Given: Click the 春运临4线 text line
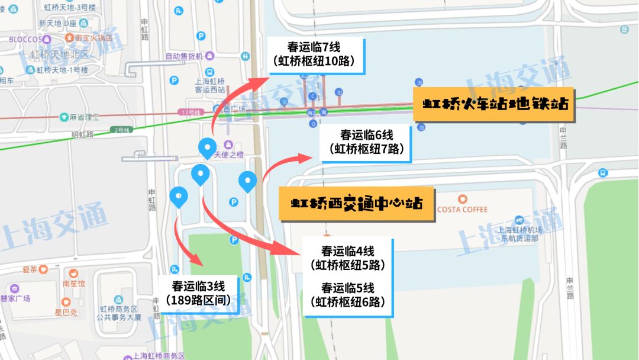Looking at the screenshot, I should tap(348, 251).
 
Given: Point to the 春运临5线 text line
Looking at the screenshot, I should tap(348, 288).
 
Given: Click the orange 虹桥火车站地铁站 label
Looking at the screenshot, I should tap(495, 104).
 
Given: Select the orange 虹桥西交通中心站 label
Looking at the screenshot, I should tap(357, 204).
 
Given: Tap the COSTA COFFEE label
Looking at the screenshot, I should tap(463, 209).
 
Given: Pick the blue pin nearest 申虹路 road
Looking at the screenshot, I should tap(178, 197).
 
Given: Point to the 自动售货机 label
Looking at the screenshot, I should tap(184, 56).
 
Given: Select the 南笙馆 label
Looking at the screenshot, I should tap(74, 284).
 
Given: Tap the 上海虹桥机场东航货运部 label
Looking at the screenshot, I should tap(518, 234).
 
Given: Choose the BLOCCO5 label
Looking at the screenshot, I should tap(26, 40).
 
